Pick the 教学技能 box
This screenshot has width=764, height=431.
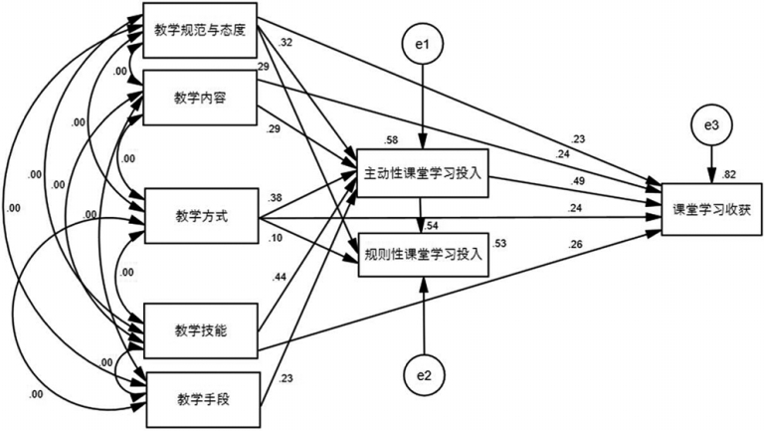(200, 329)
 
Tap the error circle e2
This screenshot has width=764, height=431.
(426, 375)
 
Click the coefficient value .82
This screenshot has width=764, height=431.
(731, 172)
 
